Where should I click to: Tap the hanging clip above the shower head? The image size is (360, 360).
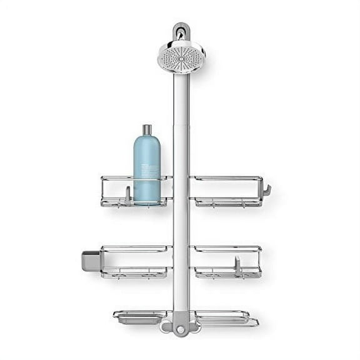tap(181, 32)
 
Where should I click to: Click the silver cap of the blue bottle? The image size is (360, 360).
tap(147, 131)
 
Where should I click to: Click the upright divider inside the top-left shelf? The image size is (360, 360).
tap(127, 195)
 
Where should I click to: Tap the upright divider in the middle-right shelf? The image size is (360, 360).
tap(238, 263)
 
